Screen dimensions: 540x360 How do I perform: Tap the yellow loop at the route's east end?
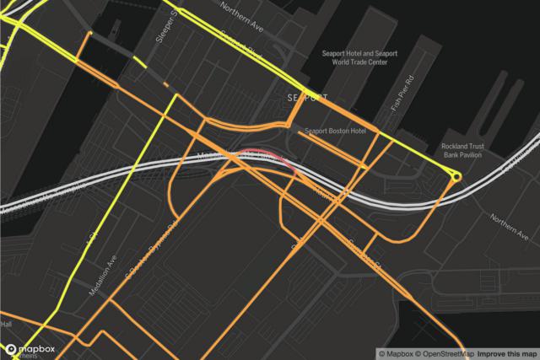(456, 176)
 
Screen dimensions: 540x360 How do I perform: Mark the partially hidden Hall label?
(6, 325)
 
